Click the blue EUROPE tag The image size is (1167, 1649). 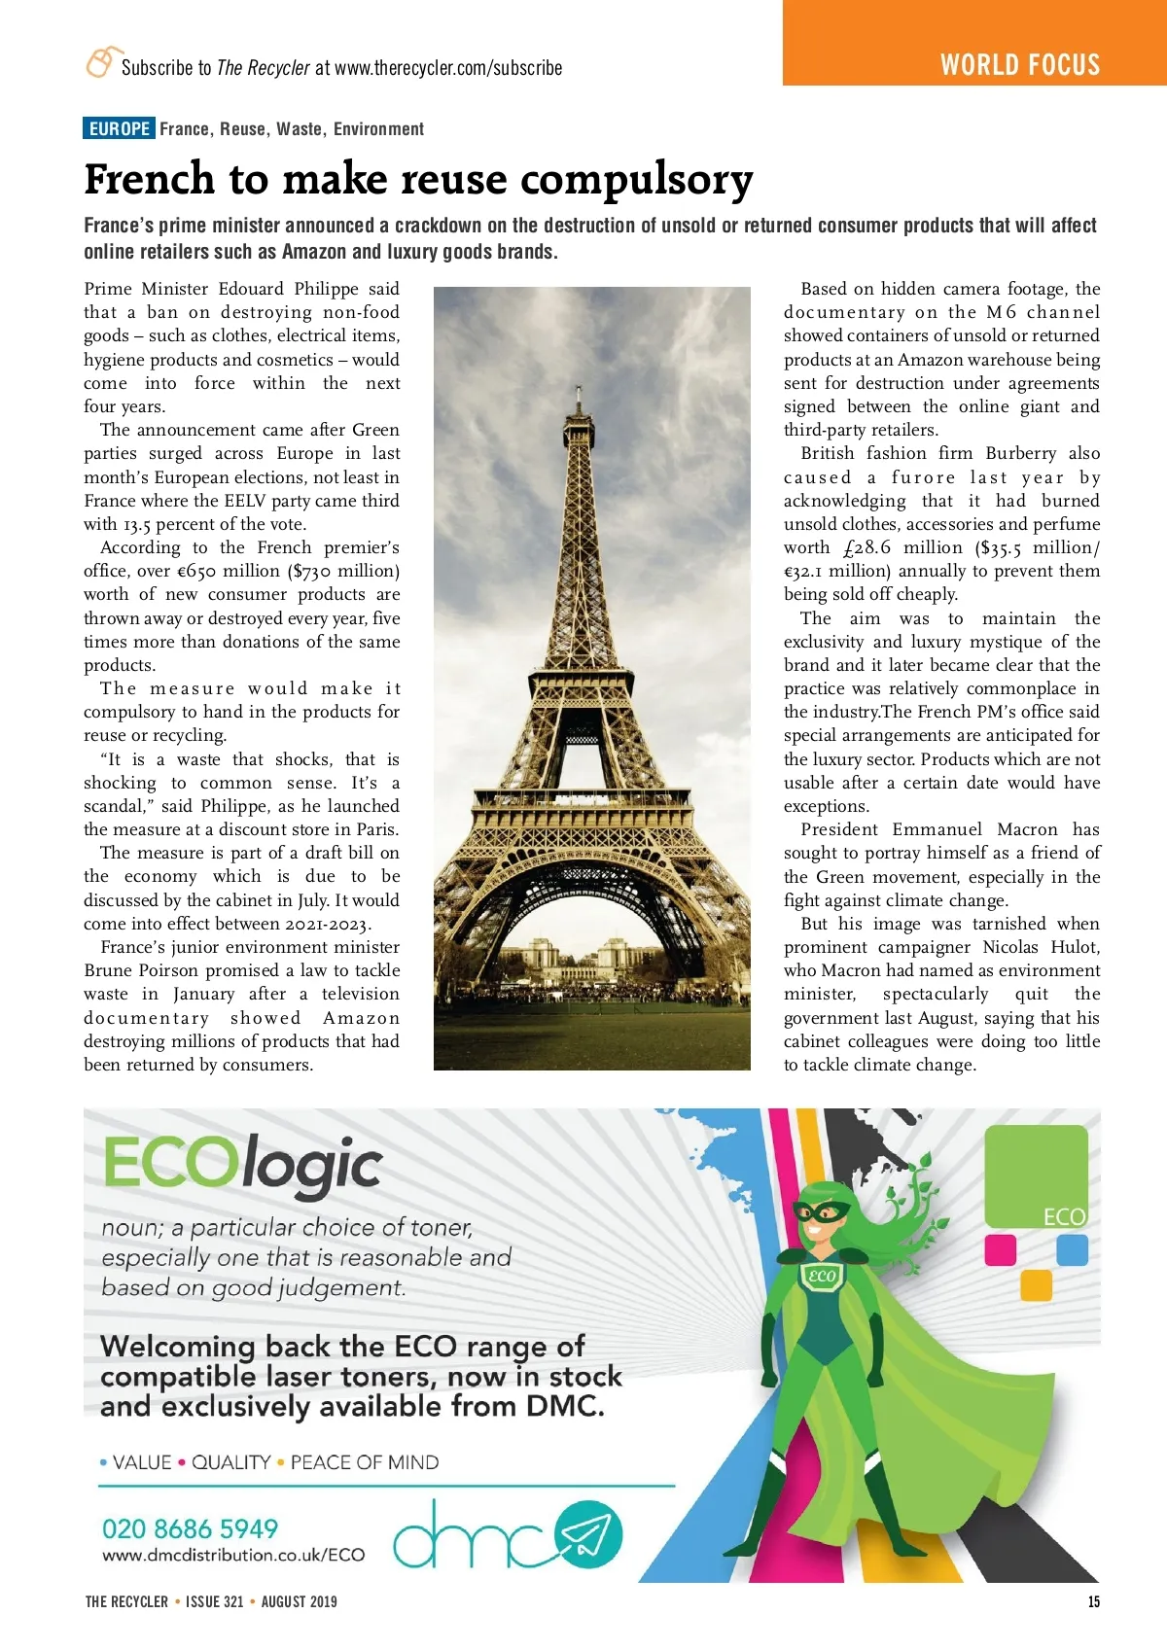[x=119, y=128]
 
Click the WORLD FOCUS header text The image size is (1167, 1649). [x=1019, y=65]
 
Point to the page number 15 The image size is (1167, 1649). [x=1094, y=1601]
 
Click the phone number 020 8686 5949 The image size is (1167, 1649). [x=190, y=1528]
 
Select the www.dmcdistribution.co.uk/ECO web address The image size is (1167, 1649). [x=233, y=1555]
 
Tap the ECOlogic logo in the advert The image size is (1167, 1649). [x=242, y=1164]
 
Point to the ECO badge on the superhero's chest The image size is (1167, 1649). [x=822, y=1276]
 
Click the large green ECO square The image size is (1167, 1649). [x=1036, y=1176]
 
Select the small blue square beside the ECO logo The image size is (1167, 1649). [x=1072, y=1249]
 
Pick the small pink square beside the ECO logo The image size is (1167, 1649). [x=1000, y=1249]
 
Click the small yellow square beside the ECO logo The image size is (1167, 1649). [x=1036, y=1285]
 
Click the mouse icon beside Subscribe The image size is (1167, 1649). [x=100, y=61]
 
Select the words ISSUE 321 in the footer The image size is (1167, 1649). [x=214, y=1601]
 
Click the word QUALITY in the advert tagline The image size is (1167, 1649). [x=230, y=1462]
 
